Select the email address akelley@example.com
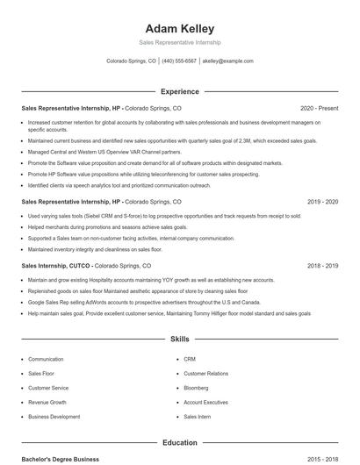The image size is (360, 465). tap(227, 61)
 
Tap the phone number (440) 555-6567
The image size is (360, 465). tap(179, 61)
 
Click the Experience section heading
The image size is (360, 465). tap(179, 91)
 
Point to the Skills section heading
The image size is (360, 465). tap(179, 338)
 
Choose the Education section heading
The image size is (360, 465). tap(179, 443)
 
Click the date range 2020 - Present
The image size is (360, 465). tap(318, 108)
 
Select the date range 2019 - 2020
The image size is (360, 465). tap(320, 201)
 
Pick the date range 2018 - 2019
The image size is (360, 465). tap(320, 265)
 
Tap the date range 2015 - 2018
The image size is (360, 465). tap(320, 459)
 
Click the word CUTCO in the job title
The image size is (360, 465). tap(78, 265)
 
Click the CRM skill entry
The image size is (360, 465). tap(190, 359)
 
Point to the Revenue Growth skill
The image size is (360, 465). tap(47, 402)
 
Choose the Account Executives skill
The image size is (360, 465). tap(205, 402)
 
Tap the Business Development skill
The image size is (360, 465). tap(54, 417)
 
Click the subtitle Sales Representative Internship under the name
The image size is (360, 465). tap(179, 42)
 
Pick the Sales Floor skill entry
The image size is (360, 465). tap(41, 373)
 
